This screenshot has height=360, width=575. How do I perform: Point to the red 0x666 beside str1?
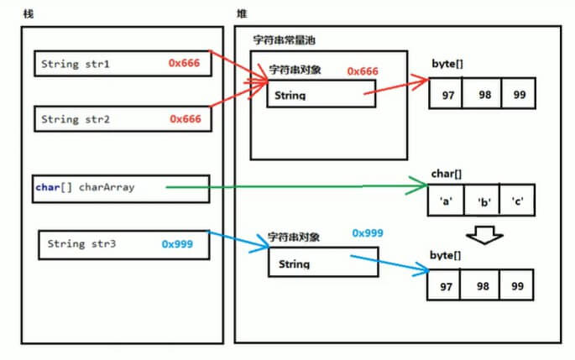point(185,63)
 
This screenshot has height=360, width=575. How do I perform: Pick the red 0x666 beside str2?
point(185,119)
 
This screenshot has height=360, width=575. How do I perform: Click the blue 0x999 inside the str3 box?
point(177,244)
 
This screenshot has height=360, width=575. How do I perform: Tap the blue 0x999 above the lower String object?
point(368,232)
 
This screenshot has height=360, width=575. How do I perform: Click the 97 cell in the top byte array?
point(447,95)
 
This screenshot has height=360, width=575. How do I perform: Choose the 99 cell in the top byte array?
point(520,95)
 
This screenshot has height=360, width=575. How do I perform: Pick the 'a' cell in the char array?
point(447,202)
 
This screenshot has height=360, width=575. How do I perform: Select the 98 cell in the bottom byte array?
point(482,286)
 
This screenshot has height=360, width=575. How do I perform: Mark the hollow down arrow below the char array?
point(484,234)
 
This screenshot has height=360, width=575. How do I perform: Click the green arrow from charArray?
point(294,188)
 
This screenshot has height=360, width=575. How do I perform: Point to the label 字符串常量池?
point(285,40)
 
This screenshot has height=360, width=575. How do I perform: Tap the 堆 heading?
point(243,14)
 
